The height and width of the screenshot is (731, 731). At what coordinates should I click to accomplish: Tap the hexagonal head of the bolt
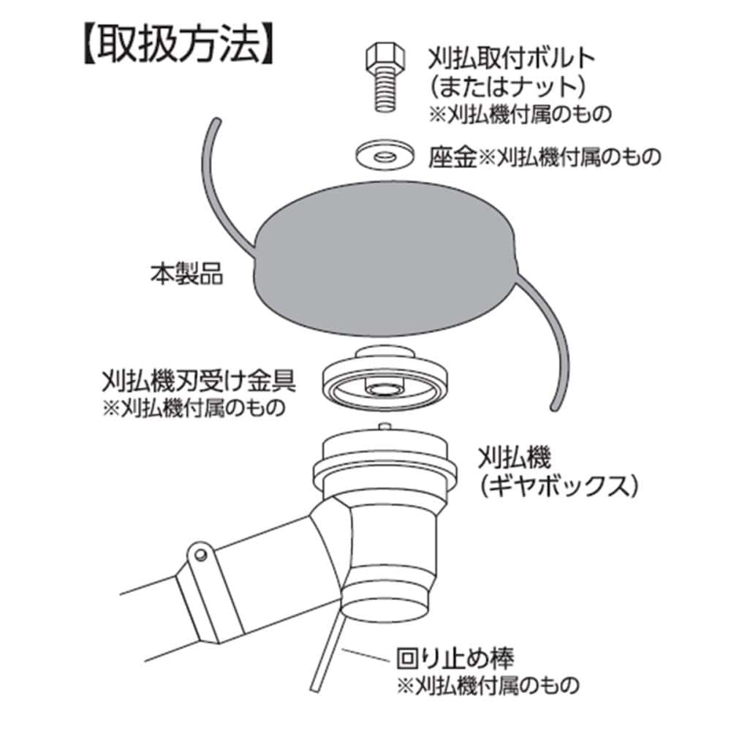[x=385, y=57]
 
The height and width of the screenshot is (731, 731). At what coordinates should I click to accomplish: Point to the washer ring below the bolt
[x=385, y=154]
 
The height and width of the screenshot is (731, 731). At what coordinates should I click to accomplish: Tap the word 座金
[x=452, y=156]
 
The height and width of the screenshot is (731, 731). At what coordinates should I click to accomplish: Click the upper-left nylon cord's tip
[x=216, y=121]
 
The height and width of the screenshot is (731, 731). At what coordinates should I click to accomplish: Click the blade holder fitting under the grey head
[x=385, y=378]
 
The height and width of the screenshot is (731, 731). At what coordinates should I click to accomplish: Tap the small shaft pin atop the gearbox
[x=385, y=426]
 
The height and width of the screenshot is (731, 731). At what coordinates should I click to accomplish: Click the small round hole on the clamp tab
[x=201, y=555]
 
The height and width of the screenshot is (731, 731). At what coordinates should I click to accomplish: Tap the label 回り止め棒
[x=455, y=659]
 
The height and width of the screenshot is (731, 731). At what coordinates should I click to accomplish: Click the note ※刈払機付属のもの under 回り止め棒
[x=488, y=686]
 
